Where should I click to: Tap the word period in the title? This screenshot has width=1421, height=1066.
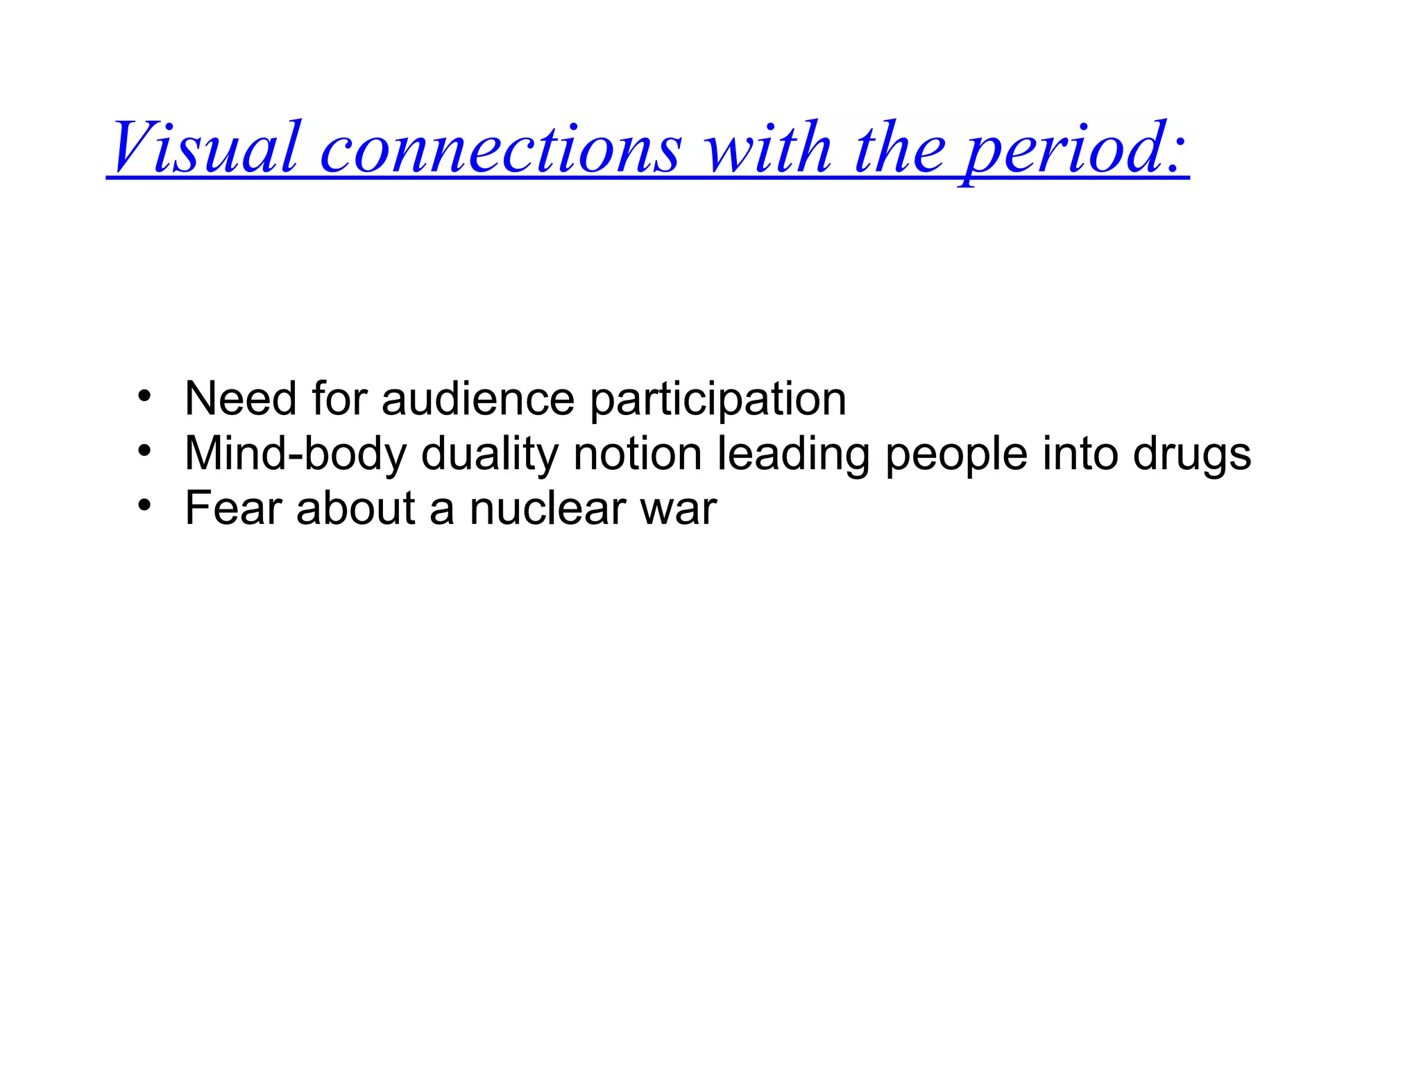click(1062, 149)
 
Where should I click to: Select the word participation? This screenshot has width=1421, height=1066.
click(718, 401)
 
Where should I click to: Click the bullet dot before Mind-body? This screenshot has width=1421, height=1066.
click(144, 452)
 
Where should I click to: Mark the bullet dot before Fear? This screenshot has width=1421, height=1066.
click(144, 506)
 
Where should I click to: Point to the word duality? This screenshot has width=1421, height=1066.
click(490, 455)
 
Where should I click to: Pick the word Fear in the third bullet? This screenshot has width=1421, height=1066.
click(232, 508)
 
